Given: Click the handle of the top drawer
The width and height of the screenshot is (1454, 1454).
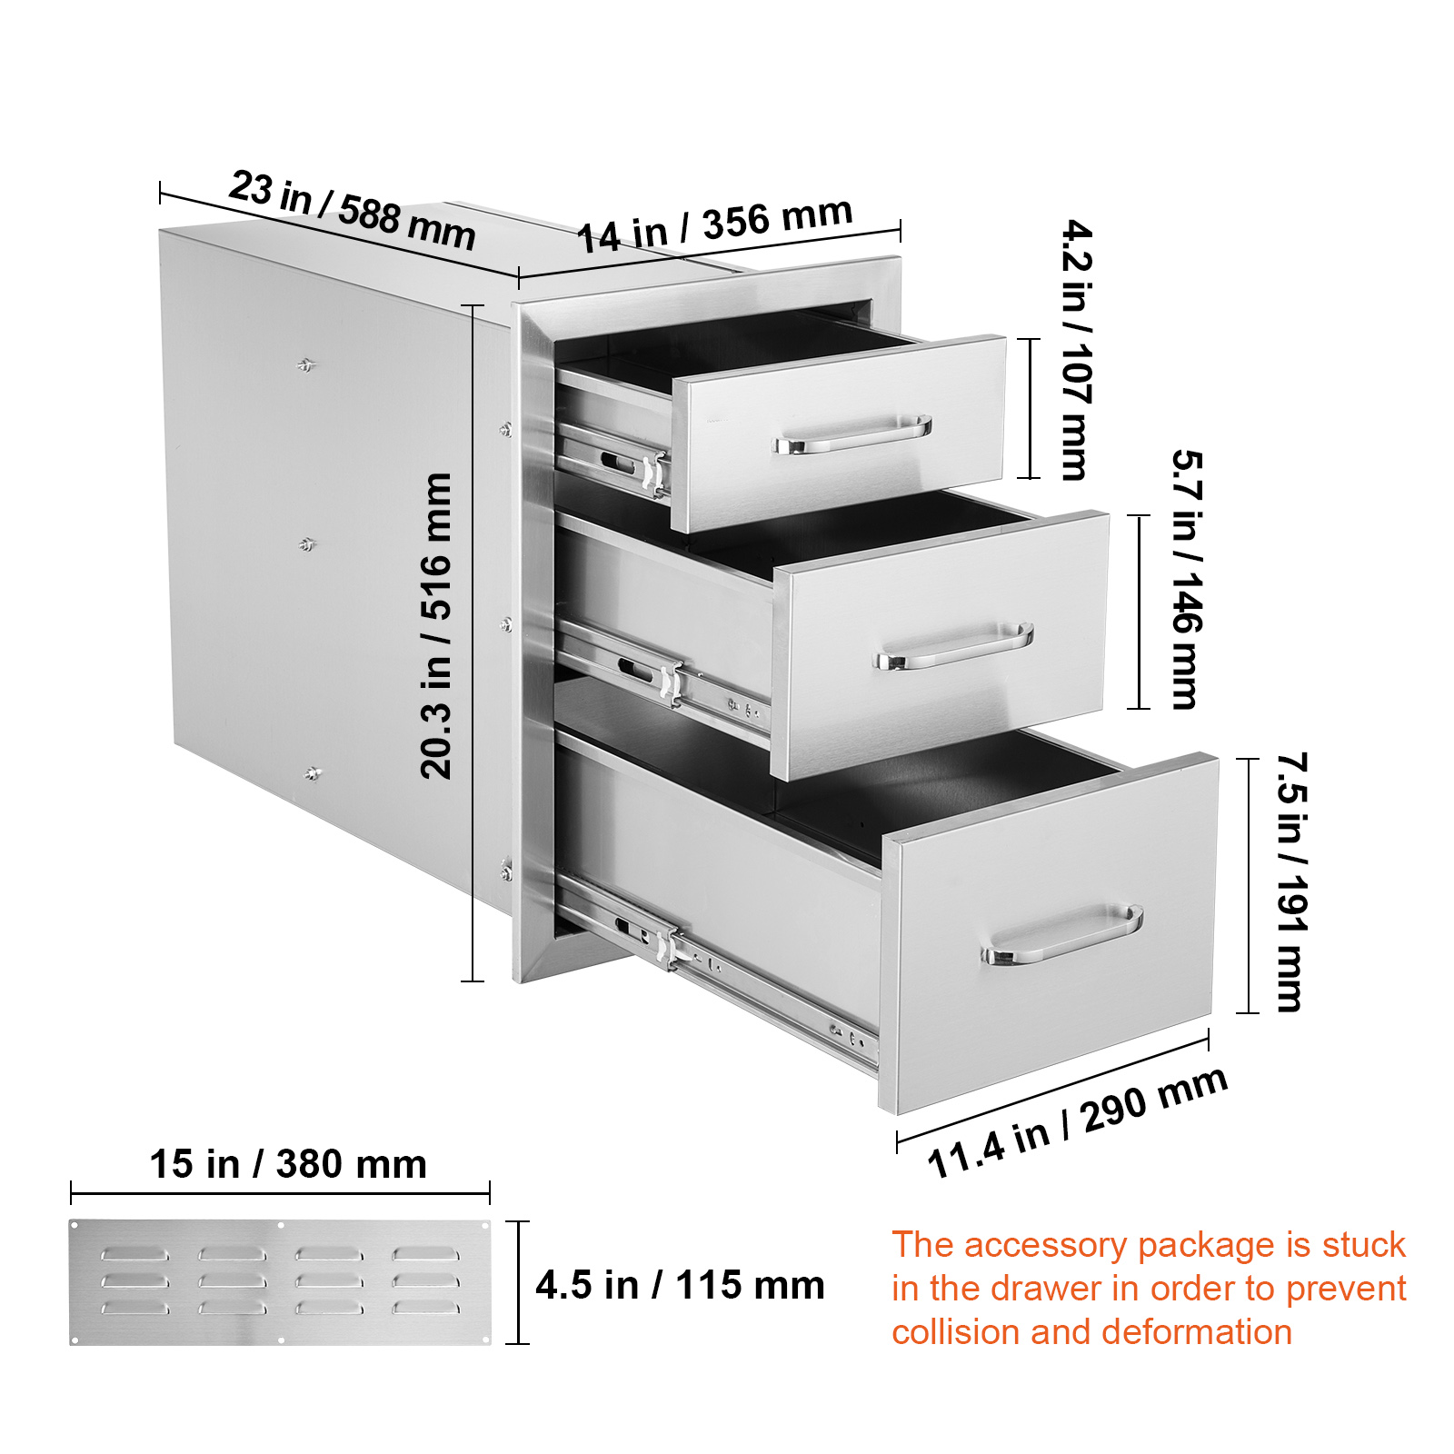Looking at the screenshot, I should coord(852,435).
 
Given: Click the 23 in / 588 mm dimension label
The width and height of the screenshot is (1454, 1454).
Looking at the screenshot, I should coord(352,210).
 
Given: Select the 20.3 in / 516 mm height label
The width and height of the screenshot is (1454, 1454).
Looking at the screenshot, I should coord(437,625).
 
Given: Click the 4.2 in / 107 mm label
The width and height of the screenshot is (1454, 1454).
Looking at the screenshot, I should coord(1077,350).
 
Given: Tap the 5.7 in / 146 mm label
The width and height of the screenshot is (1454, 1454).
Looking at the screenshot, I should coord(1186,579).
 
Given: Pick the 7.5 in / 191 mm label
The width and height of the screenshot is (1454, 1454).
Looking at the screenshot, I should coord(1291,881).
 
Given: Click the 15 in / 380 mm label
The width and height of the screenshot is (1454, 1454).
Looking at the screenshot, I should coord(288,1164).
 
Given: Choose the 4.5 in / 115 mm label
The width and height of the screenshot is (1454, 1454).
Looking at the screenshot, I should coord(680,1285).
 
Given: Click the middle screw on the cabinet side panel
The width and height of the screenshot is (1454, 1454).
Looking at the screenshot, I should coord(307,544).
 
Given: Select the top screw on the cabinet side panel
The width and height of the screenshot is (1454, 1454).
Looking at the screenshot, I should coord(306,365).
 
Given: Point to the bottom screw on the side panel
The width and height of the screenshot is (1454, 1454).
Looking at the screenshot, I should coord(313,773).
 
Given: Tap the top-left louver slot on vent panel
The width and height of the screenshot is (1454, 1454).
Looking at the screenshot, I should coord(134,1254).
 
